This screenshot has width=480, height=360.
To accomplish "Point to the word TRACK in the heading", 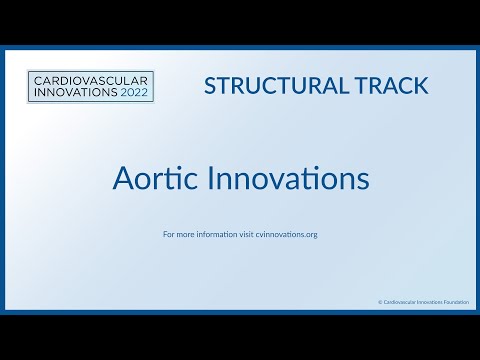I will [391, 86].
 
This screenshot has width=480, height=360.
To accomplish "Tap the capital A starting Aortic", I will [120, 179].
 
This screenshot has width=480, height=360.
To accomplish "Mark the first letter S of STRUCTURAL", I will [210, 86].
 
